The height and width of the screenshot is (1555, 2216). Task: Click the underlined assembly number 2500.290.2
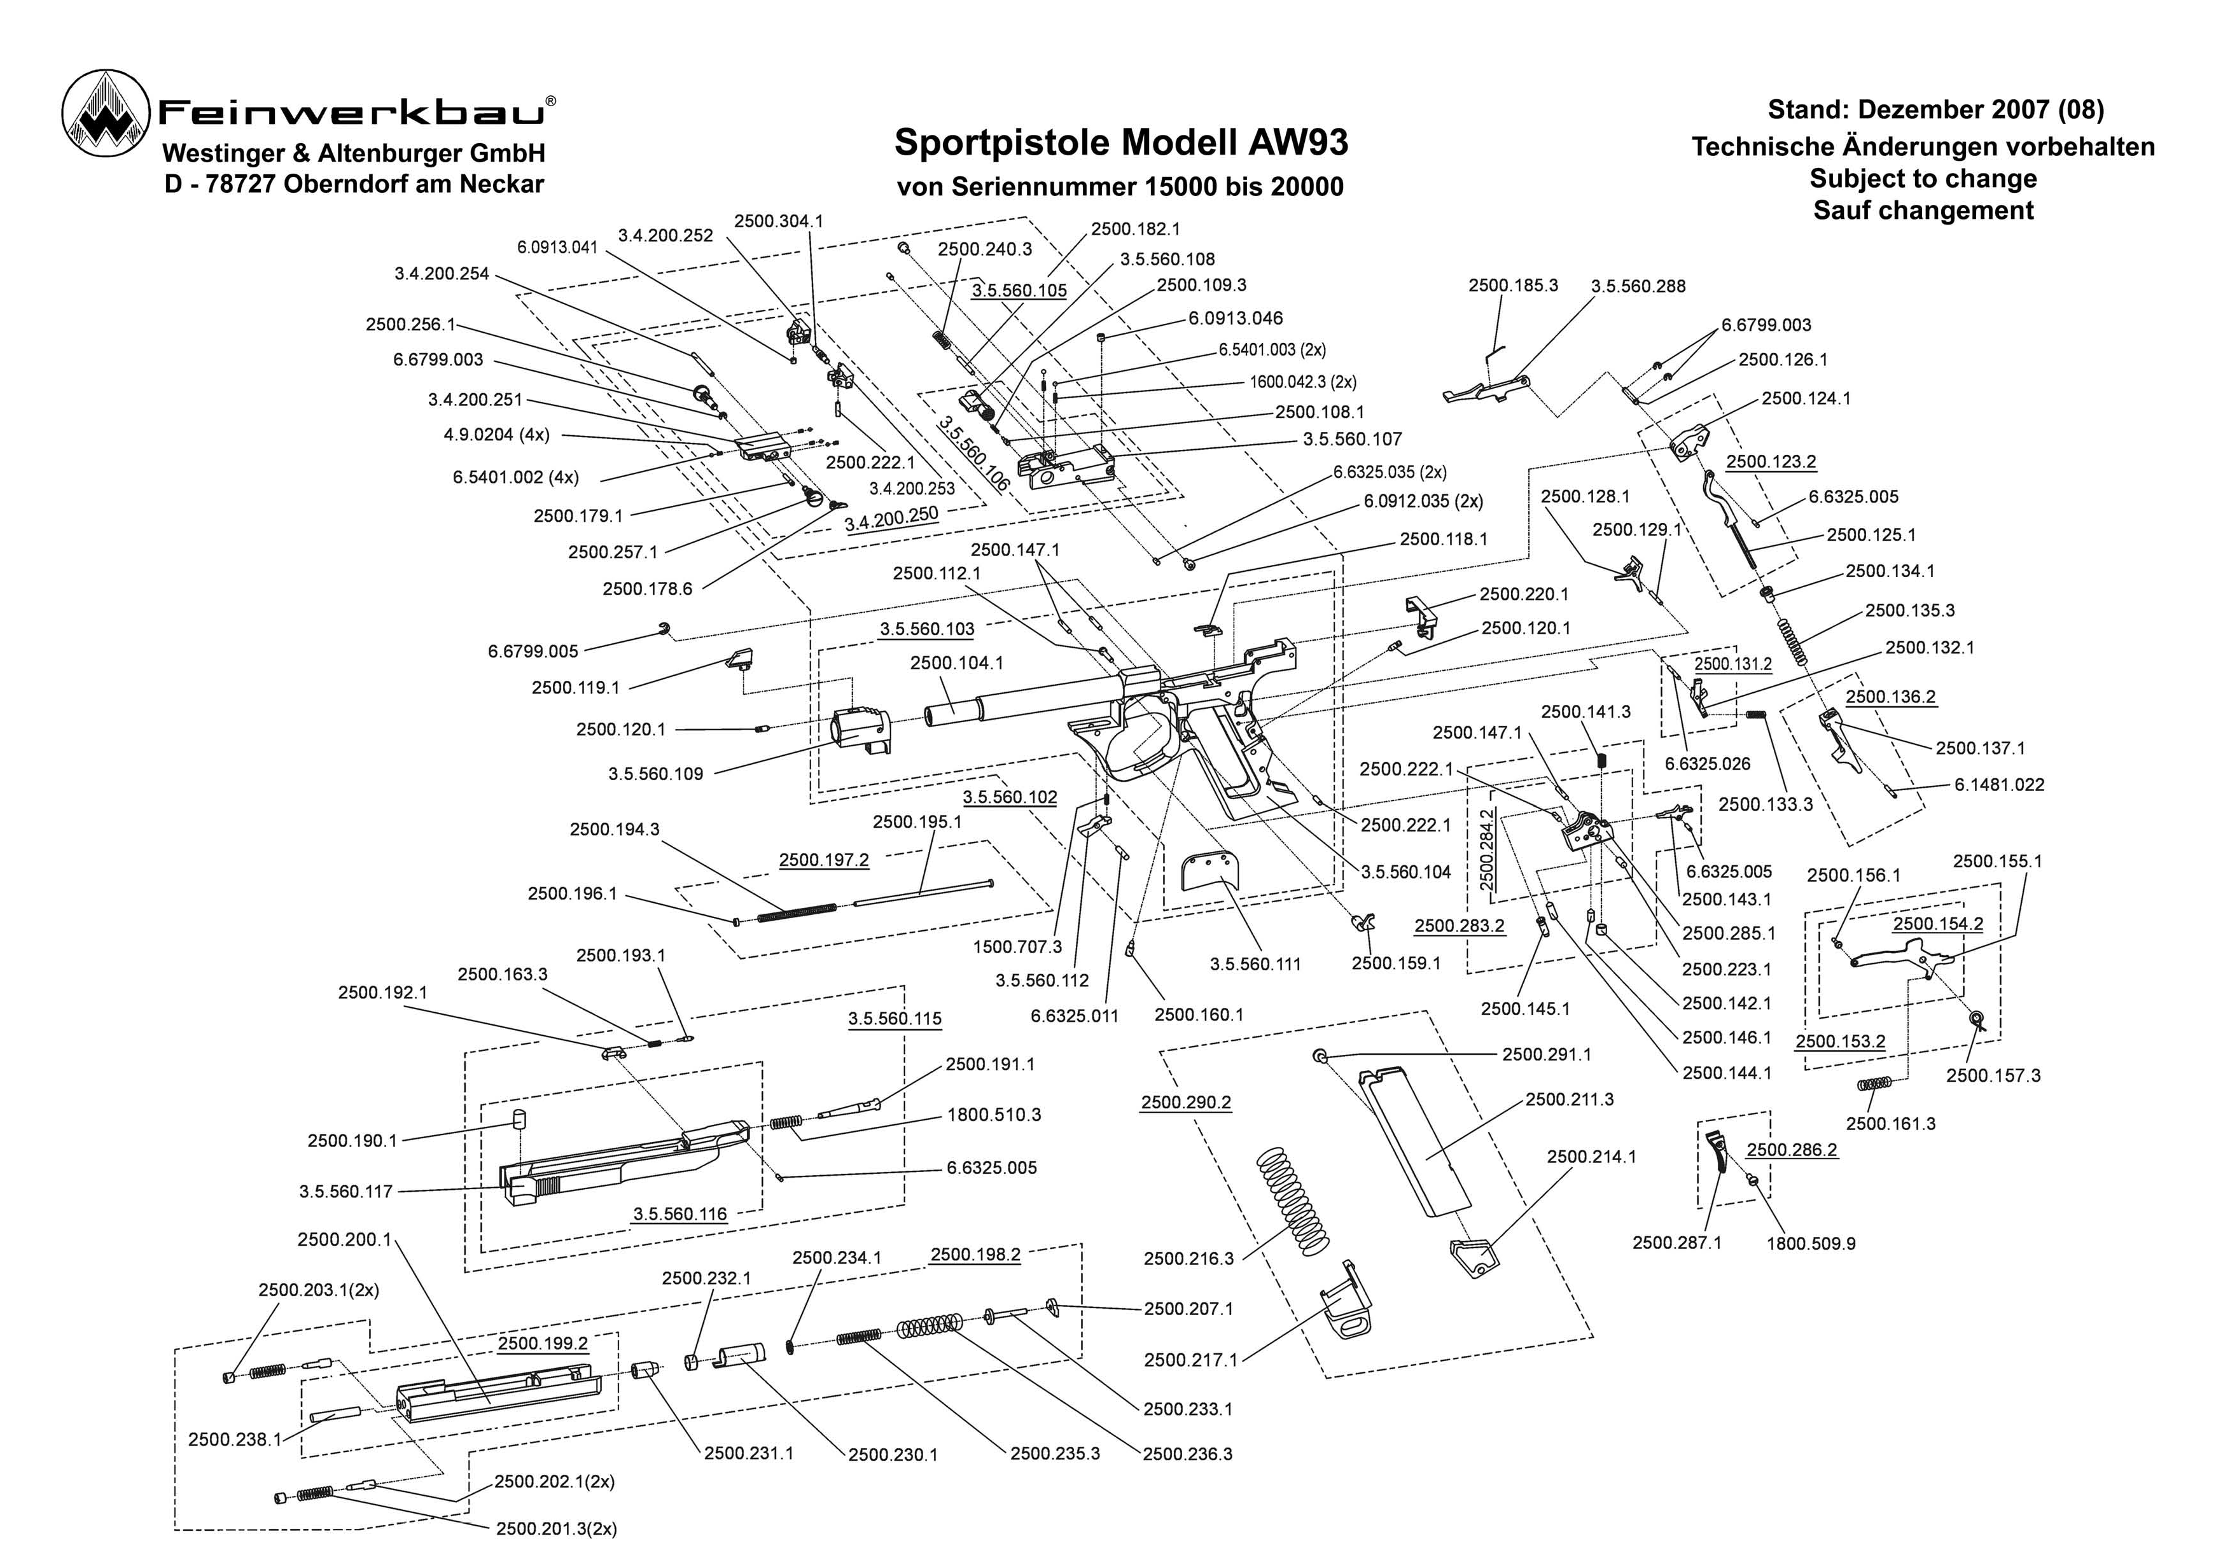1185,1102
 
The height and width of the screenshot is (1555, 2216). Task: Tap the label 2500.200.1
344,1239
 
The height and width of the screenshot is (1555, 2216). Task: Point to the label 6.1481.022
1999,784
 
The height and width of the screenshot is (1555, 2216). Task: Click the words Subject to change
1923,179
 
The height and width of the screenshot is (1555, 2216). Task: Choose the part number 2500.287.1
1676,1242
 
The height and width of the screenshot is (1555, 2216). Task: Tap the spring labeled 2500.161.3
1876,1084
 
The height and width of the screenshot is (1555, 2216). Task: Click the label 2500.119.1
575,687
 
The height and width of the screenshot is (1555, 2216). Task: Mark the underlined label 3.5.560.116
679,1213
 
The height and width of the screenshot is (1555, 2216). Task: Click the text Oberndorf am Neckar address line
354,183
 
